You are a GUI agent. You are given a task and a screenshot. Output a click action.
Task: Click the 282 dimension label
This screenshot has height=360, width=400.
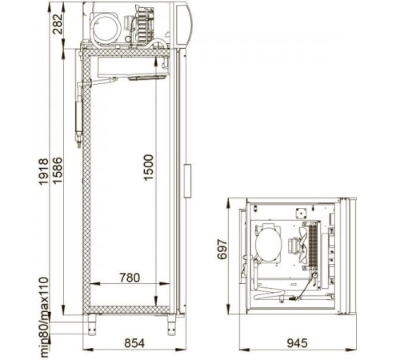coord(58,24)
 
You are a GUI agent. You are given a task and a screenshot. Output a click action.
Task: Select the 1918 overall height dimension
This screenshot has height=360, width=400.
coord(44,171)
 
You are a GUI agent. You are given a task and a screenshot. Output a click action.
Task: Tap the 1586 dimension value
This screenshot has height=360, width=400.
coord(57,170)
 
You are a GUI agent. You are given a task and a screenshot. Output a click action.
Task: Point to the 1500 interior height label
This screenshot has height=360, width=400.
coord(149,168)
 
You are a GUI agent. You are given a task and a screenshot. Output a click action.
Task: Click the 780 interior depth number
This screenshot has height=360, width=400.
coord(130,278)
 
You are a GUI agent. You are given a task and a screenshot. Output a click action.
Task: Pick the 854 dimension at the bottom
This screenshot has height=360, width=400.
coord(134,343)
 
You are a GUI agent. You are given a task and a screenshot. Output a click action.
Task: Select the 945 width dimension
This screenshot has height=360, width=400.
coord(297,343)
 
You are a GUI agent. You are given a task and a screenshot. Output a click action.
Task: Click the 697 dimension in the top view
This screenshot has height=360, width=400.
coord(222,250)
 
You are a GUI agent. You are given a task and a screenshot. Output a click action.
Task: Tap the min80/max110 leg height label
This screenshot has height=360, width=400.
coord(44,318)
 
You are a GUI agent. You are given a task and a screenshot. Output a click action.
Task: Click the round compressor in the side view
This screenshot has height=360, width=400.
coord(106,27)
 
